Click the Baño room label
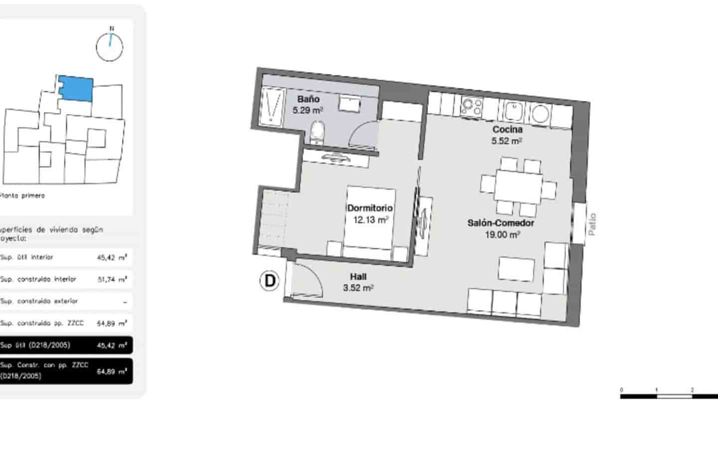pyautogui.click(x=308, y=99)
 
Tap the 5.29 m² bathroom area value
pyautogui.click(x=308, y=110)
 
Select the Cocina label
pyautogui.click(x=507, y=130)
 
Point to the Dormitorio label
pyautogui.click(x=370, y=208)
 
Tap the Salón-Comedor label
pyautogui.click(x=501, y=223)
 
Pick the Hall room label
pyautogui.click(x=358, y=277)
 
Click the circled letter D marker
pyautogui.click(x=270, y=281)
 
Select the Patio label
pyautogui.click(x=592, y=224)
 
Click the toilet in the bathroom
pyautogui.click(x=317, y=132)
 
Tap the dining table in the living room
pyautogui.click(x=519, y=187)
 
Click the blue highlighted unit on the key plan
pyautogui.click(x=76, y=88)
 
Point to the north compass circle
pyautogui.click(x=109, y=47)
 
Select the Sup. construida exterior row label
pyautogui.click(x=39, y=301)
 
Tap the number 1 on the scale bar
pyautogui.click(x=657, y=390)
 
